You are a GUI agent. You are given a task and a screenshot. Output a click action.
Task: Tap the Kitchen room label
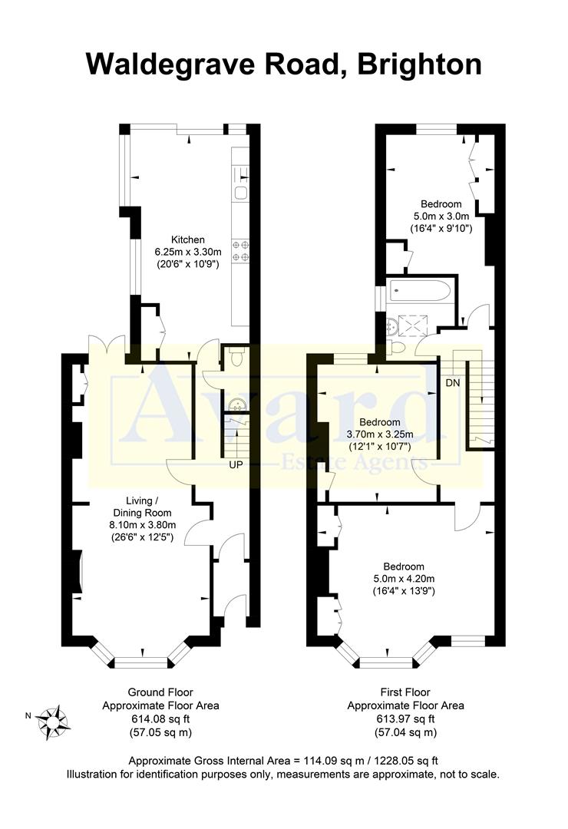[x=187, y=239]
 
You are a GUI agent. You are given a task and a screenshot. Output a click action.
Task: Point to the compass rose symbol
[x=54, y=722]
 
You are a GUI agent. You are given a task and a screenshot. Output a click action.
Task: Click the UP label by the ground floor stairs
[x=235, y=465]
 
